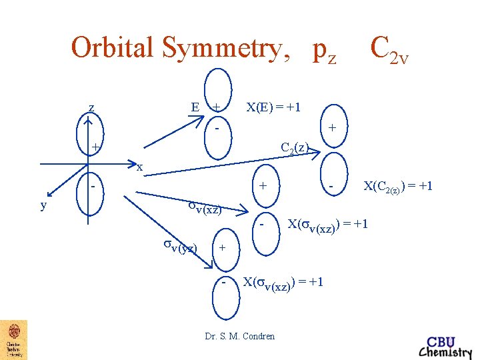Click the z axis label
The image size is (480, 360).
(x=91, y=108)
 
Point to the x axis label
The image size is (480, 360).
(x=139, y=166)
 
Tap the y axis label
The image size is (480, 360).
(x=43, y=205)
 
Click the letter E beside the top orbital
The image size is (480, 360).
(x=195, y=107)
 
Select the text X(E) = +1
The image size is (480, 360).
(x=273, y=107)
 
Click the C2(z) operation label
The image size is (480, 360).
(x=294, y=147)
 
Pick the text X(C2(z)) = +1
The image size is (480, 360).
(x=398, y=186)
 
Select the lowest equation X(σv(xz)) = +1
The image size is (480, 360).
(x=283, y=282)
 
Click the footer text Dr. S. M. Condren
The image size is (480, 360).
(x=240, y=336)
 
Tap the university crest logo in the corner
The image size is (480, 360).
(x=14, y=339)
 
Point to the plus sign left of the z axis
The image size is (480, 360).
(x=96, y=147)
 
